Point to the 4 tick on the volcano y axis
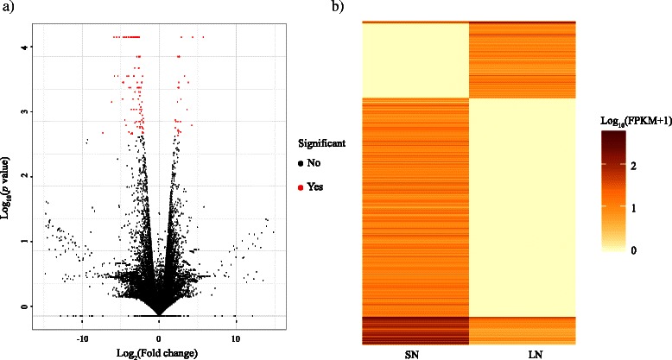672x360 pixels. point(29,48)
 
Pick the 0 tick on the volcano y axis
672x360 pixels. point(29,306)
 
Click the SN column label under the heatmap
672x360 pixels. point(414,354)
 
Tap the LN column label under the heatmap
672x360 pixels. point(522,354)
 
